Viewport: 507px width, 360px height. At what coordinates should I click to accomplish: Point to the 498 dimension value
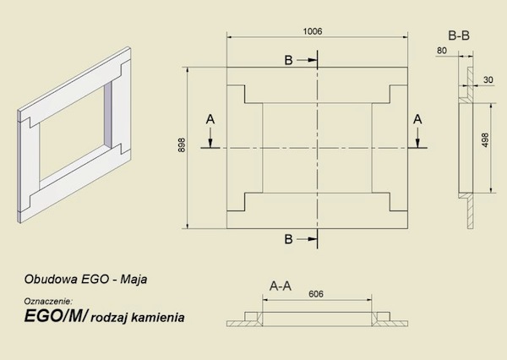(484, 139)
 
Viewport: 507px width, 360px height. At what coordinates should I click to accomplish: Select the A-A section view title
(281, 286)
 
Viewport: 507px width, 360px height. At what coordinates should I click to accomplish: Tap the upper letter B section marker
(289, 61)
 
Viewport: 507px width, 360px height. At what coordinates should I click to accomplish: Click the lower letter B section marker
(289, 240)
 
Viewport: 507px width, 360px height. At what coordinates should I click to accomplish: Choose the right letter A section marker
(417, 121)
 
